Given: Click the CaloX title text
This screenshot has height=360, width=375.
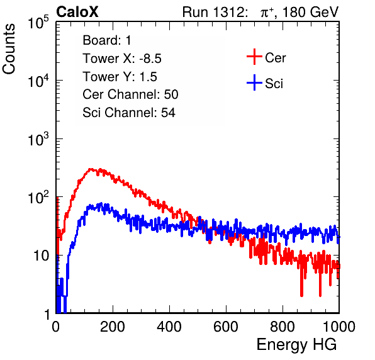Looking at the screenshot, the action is click(77, 12).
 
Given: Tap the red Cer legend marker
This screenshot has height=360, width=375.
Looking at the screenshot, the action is click(254, 57).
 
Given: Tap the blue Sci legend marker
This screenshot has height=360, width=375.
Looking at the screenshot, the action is click(254, 83).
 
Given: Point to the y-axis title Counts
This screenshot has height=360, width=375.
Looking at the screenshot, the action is click(9, 49).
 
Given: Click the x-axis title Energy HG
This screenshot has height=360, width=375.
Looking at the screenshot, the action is click(296, 344).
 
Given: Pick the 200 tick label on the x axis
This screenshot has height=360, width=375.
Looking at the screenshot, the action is click(113, 327).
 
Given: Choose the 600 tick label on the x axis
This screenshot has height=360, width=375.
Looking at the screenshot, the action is click(226, 327).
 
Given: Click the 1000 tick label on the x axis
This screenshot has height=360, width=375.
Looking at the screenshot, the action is click(339, 327).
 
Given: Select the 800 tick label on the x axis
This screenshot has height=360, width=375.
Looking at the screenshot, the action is click(283, 327).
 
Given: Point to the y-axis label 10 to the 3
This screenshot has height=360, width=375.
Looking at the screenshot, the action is click(38, 139).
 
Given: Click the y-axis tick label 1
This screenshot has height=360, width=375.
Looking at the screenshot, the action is click(47, 314).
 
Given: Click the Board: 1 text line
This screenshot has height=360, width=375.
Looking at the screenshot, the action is click(107, 40).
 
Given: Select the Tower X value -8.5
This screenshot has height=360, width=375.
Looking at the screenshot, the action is click(150, 59).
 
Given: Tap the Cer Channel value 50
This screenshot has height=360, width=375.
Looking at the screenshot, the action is click(171, 94).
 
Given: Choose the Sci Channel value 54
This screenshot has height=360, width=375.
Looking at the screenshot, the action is click(168, 113).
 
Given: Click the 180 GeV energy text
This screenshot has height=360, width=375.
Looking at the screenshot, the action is click(311, 12).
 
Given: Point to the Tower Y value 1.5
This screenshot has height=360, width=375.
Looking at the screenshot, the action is click(148, 77).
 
